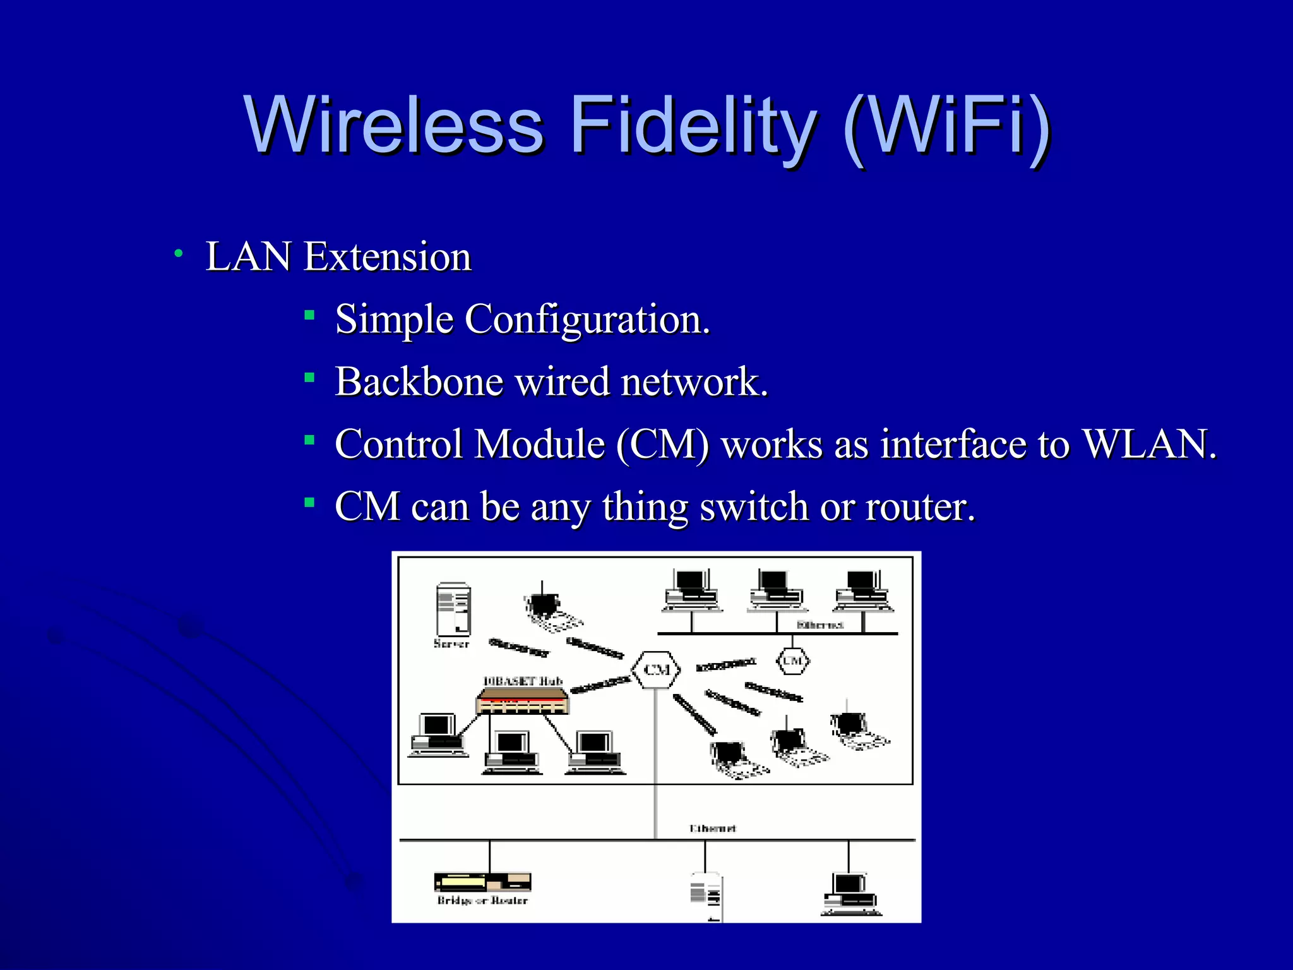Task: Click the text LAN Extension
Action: coord(338,257)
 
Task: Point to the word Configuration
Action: coord(587,320)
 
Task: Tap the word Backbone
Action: coord(419,382)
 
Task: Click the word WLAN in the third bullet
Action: coord(1148,444)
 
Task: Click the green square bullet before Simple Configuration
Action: coord(309,314)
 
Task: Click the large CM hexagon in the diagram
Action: coord(657,669)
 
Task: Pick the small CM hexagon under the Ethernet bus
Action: coord(792,661)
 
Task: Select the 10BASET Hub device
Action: coord(522,701)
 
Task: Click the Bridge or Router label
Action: coord(482,901)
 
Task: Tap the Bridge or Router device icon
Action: coord(482,882)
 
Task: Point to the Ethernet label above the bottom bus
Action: coord(712,828)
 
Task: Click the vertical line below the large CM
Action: coord(655,758)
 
